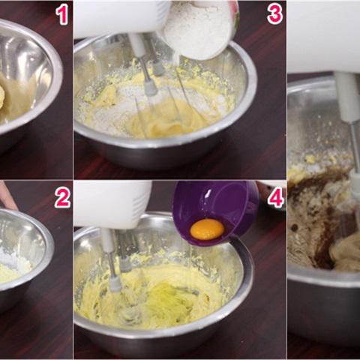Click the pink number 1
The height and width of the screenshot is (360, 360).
coord(62,15)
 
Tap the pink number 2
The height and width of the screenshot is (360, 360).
coord(62,198)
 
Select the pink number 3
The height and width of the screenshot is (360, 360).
coord(274,14)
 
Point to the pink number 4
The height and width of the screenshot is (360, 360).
coord(276,198)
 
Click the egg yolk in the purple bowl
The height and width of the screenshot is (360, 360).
coord(207,229)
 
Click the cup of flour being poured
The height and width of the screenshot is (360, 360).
coord(200,28)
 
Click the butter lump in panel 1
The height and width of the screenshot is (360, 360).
coord(2,97)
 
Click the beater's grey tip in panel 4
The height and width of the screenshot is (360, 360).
coord(115,285)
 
